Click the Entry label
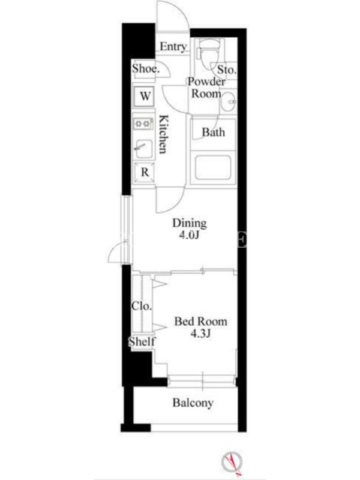point(173,47)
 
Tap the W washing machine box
point(144,96)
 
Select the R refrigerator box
point(144,172)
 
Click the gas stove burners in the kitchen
point(143,124)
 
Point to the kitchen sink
point(143,149)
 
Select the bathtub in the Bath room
point(213,168)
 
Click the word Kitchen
point(164,134)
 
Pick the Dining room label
point(190,223)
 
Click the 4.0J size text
point(190,235)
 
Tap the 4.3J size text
point(200,334)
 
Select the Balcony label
point(193,403)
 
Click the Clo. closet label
point(142,306)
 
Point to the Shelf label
point(142,341)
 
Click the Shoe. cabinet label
point(146,68)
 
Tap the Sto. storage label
point(227,70)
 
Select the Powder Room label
point(206,88)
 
